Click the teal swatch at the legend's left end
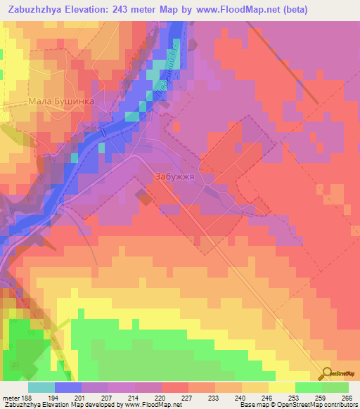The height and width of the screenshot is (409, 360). click(41, 387)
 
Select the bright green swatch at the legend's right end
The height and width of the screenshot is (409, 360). click(335, 387)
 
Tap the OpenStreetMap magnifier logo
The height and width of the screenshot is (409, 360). click(326, 374)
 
